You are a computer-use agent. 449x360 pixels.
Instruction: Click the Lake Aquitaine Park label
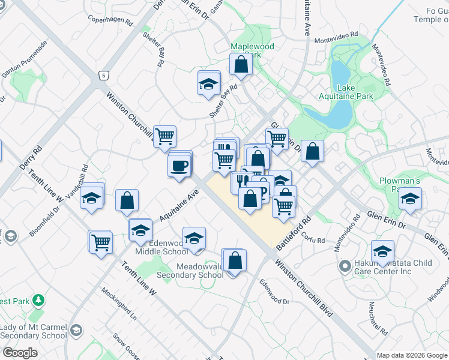[355, 92]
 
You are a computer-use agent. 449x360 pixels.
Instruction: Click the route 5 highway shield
[104, 75]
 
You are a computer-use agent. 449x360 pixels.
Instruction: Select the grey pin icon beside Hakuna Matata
[345, 265]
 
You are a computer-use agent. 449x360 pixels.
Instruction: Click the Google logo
[20, 352]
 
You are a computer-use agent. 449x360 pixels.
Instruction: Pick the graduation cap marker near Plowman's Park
[410, 199]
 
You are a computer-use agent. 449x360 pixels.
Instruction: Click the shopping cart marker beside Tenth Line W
[101, 242]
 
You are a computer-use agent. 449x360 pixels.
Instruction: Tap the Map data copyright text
[412, 355]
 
